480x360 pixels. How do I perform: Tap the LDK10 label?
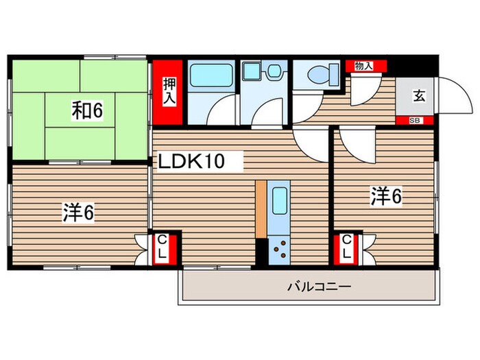192,162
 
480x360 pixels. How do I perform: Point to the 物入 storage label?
363,66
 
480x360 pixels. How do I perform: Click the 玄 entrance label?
418,95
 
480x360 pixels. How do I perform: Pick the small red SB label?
415,121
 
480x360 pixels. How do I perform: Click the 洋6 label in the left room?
79,213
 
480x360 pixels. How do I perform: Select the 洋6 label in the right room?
386,196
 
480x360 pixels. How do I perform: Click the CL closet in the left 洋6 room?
165,248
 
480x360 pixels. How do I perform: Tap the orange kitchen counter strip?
261,209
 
